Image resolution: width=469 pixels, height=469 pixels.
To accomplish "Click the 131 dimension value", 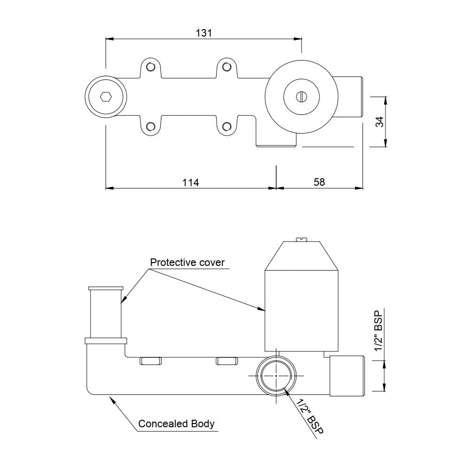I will tap(204, 33).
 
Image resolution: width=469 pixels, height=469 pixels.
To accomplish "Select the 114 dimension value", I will tap(191, 182).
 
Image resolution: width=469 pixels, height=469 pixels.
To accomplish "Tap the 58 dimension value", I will tap(319, 182).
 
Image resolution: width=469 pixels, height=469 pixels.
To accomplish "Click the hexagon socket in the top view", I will tap(106, 98).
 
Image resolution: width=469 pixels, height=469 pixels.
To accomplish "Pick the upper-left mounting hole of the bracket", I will tap(150, 67).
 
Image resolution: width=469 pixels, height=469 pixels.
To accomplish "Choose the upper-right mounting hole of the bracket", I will tap(227, 67).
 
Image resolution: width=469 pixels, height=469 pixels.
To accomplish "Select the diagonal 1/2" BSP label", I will tap(307, 416).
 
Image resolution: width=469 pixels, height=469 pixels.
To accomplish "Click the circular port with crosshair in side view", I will tap(277, 376).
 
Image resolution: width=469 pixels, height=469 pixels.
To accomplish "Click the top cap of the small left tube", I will tap(105, 288).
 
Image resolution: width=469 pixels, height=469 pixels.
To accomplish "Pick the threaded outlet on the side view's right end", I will tap(347, 375).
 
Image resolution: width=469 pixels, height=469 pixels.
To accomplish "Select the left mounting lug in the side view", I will tap(150, 361).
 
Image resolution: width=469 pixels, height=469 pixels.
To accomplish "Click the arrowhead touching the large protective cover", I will tap(262, 309).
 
